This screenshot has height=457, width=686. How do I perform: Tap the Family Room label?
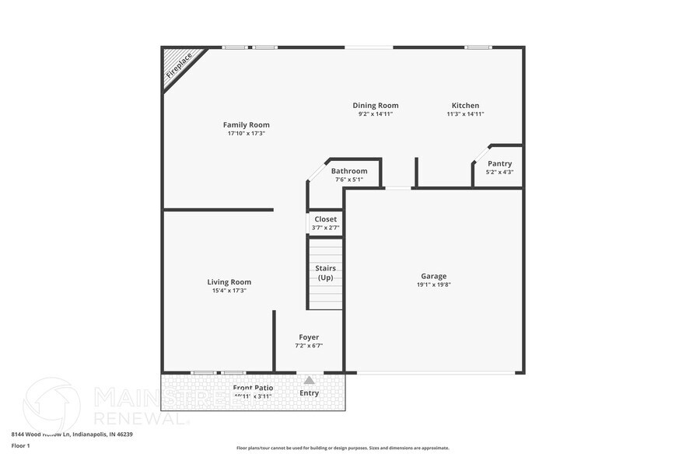click(x=246, y=125)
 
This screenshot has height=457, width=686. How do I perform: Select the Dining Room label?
click(x=376, y=106)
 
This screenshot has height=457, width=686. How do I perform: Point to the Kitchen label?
click(x=465, y=106)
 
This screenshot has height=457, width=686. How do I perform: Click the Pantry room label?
click(x=499, y=164)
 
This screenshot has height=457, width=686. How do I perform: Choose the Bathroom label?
click(x=349, y=171)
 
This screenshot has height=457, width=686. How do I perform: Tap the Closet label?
click(x=325, y=219)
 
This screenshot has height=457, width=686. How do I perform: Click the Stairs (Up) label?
click(x=325, y=273)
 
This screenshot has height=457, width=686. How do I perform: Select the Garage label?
click(x=433, y=276)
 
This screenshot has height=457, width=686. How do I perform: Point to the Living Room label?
click(x=229, y=282)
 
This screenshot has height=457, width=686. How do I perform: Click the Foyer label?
click(x=309, y=337)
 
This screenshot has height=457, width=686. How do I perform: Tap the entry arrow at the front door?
click(x=309, y=380)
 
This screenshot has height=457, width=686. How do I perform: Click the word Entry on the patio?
click(x=309, y=392)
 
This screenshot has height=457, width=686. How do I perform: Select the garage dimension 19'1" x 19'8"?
click(x=433, y=284)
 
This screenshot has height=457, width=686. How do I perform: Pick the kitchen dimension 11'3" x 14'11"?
click(x=465, y=114)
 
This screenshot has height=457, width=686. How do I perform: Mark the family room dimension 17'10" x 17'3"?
click(x=246, y=134)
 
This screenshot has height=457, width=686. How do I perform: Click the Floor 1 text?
click(x=20, y=445)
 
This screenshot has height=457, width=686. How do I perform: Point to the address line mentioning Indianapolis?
click(x=72, y=434)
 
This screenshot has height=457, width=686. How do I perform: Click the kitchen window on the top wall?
click(x=478, y=47)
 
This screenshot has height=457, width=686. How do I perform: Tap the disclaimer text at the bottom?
click(x=342, y=448)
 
